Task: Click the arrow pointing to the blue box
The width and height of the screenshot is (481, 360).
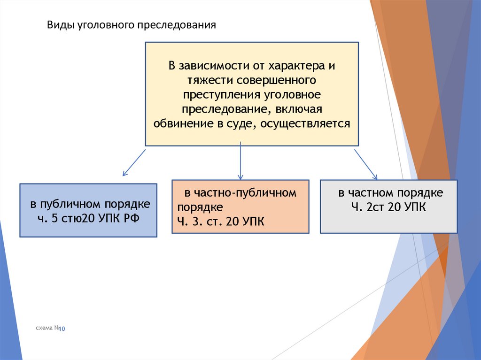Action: (133, 163)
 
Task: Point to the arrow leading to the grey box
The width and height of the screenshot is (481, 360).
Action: (366, 164)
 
